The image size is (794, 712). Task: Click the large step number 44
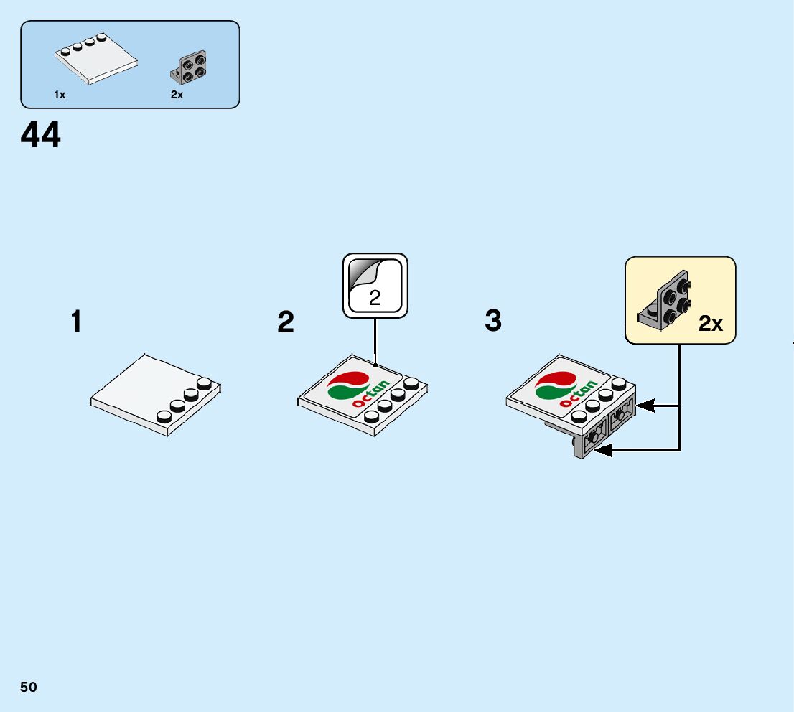point(41,136)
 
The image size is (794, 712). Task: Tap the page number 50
point(29,688)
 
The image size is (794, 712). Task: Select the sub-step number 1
point(76,322)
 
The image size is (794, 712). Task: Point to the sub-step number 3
point(492,321)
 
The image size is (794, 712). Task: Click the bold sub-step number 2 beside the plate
point(286,322)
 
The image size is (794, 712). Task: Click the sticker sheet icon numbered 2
point(375,285)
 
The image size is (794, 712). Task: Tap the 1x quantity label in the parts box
point(60,95)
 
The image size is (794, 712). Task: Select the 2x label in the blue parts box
point(177,95)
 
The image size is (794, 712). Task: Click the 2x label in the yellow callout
point(711,324)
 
